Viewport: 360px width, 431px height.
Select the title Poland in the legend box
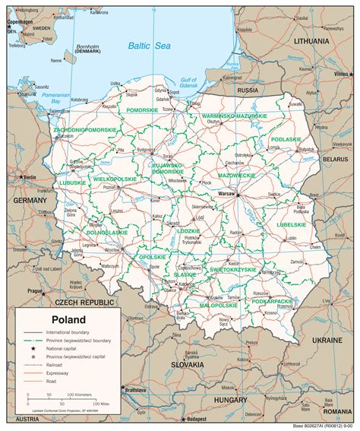68,319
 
